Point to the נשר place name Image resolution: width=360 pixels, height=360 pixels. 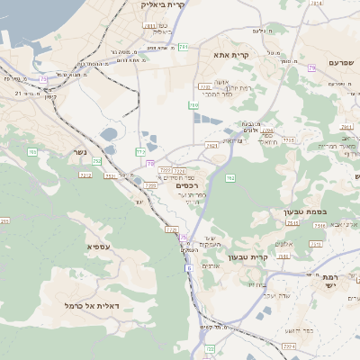click(79, 152)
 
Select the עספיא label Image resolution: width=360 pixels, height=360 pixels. click(98, 246)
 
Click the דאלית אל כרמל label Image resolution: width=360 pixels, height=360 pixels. click(86, 305)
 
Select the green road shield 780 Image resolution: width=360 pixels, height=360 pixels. click(193, 105)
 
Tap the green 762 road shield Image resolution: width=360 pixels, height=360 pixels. click(230, 178)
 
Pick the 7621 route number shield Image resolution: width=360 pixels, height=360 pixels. click(211, 144)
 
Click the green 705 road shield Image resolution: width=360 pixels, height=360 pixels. click(32, 152)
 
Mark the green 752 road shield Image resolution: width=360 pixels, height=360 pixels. click(96, 161)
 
